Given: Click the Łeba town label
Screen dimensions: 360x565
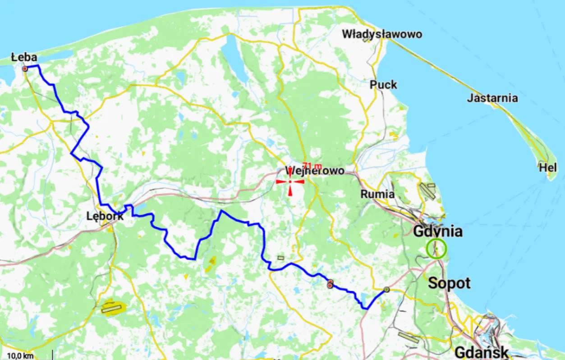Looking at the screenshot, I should pos(24,57).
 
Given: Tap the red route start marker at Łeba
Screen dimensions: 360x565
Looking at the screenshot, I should pos(25,69).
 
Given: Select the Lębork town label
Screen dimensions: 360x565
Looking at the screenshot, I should pos(105,216).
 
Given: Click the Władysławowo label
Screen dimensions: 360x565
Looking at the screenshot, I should pos(382,34).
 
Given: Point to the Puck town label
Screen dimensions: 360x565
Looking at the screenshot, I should pos(383,85).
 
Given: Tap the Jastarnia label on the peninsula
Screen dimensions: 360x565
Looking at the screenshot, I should pos(492,98).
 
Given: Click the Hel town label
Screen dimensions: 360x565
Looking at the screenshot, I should pos(548,168).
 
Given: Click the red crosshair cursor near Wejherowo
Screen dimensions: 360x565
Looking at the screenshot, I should pos(290,181).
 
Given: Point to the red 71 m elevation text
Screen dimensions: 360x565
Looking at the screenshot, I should pos(312,166).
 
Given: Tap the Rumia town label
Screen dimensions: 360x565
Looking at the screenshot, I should pos(378,195).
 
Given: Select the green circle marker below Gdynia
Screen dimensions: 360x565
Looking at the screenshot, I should pos(436,248).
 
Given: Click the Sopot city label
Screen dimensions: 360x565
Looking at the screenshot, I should pos(449,283).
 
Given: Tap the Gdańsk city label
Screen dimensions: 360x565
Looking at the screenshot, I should pos(481,352).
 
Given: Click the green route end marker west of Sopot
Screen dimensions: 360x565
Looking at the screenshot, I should pos(386,289).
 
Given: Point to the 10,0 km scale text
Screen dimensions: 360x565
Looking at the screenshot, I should pos(19,356).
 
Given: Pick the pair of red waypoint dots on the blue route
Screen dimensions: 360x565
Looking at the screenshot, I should pos(330,284).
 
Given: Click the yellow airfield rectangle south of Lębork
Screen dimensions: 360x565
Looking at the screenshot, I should pos(112,309).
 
